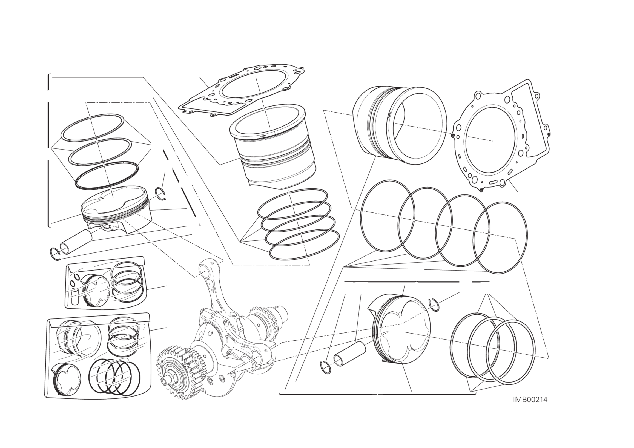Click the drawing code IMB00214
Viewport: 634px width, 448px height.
click(530, 407)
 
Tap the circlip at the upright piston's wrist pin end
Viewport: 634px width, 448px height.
click(56, 253)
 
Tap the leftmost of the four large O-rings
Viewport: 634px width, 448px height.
click(388, 216)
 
